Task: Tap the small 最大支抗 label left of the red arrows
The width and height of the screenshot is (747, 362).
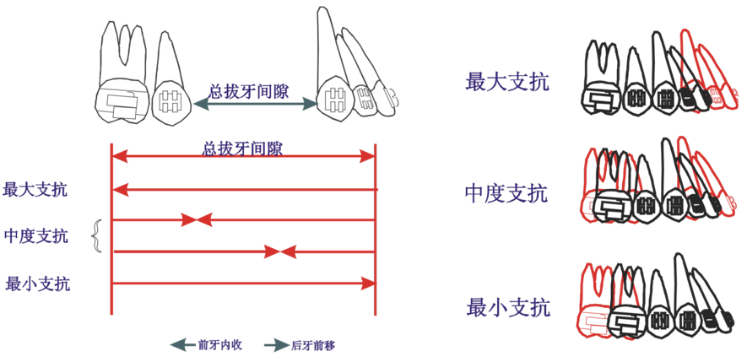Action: [x=35, y=189]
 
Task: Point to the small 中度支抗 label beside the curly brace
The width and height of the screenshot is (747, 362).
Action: [x=35, y=235]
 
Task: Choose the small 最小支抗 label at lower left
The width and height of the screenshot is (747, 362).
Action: [x=37, y=284]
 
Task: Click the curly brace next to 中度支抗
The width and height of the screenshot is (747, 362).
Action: [x=97, y=236]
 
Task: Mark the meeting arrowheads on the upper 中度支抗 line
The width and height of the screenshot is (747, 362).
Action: [x=196, y=220]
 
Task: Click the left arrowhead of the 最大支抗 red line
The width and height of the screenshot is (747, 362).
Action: [x=119, y=189]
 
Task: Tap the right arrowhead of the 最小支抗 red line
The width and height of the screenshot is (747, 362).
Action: [x=368, y=284]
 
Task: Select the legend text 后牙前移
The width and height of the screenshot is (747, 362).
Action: [x=313, y=345]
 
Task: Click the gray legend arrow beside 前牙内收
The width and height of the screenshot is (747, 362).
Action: [x=181, y=345]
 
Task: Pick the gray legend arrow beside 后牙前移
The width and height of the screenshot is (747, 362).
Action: [x=275, y=345]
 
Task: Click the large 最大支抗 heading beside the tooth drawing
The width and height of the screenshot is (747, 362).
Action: [x=506, y=82]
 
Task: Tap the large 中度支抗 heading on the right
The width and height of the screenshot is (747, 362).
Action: [x=506, y=193]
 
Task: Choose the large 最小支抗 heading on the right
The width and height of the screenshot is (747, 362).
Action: [x=507, y=307]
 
